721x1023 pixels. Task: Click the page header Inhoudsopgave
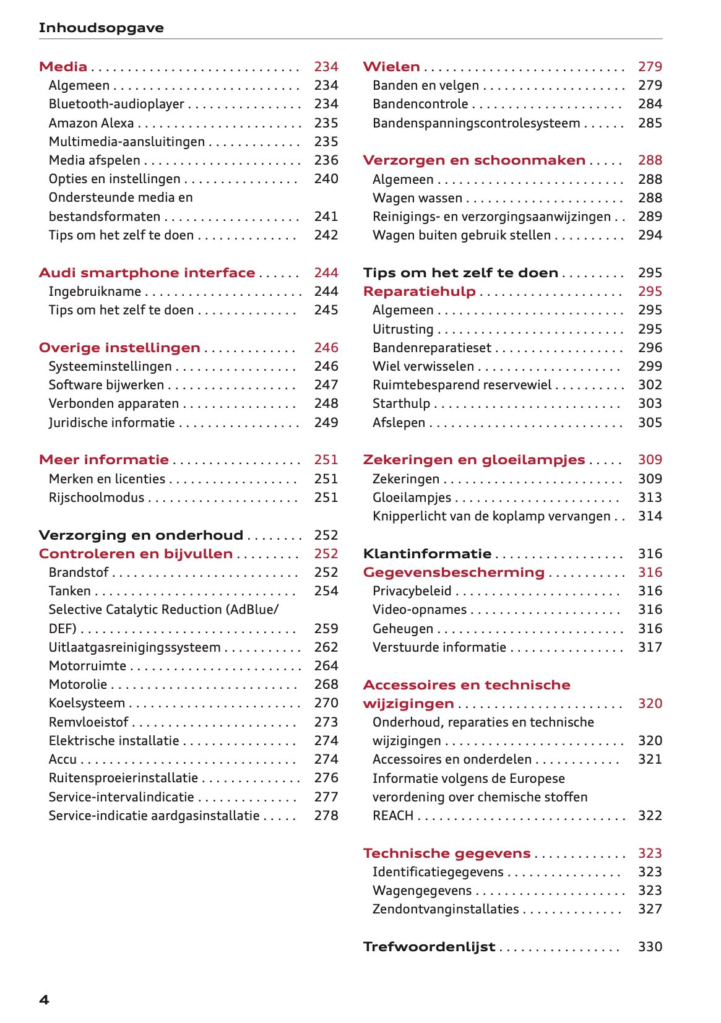tap(101, 28)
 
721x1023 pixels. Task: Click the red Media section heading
tap(63, 67)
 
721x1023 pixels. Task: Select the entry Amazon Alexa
tap(91, 123)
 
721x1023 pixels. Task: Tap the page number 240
tap(326, 179)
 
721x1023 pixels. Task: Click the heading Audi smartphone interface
tap(147, 273)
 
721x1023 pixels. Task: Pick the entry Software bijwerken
tap(106, 385)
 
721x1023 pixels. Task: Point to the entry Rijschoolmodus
tap(96, 498)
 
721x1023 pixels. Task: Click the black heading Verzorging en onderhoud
tap(140, 535)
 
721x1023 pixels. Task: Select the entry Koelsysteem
tap(87, 703)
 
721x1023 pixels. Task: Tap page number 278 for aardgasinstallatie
tap(326, 816)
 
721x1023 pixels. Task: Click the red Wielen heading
tap(391, 67)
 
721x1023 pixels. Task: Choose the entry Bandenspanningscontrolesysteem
tap(476, 123)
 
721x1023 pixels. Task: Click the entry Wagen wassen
tap(417, 198)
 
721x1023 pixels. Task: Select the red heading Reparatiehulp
tap(419, 291)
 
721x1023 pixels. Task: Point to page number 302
tap(650, 385)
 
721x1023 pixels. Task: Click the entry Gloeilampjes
tap(412, 498)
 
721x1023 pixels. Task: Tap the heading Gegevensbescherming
tap(454, 572)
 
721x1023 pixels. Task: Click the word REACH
tap(392, 816)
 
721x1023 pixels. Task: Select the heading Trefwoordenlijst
tap(429, 947)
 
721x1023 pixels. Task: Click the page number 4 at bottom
tap(44, 1000)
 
